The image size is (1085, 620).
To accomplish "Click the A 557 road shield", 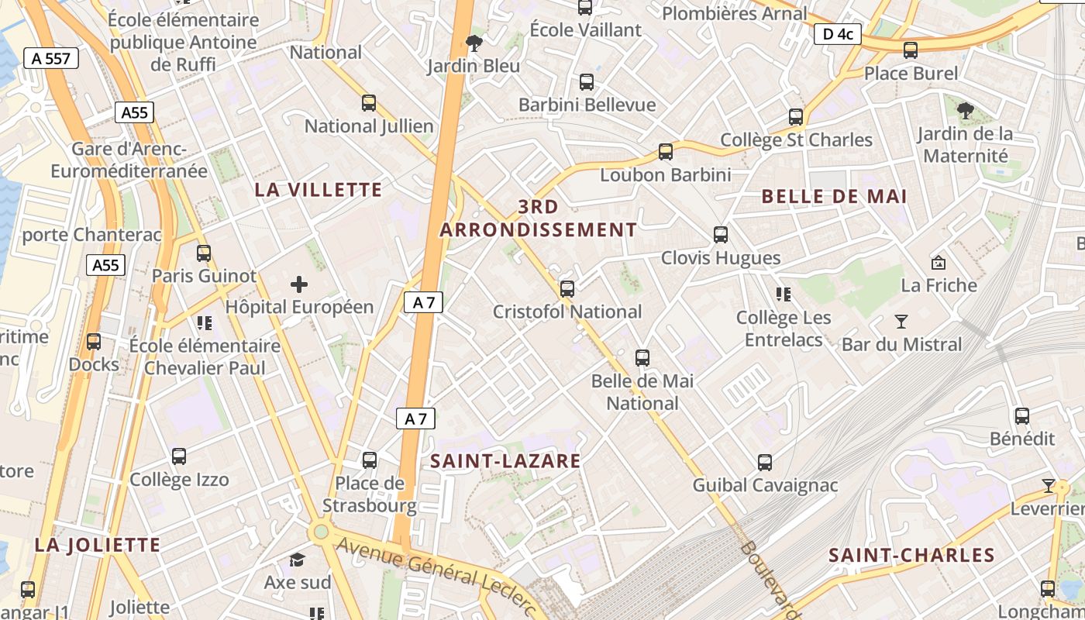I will click(x=51, y=57).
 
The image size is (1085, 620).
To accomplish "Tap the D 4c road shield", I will click(x=838, y=34).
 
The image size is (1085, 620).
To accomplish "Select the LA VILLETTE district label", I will click(x=319, y=190).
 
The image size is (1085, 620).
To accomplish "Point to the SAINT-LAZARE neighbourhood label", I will click(x=505, y=461).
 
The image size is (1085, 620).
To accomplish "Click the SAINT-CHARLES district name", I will click(x=911, y=555).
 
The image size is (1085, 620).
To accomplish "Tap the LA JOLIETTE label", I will click(x=98, y=545).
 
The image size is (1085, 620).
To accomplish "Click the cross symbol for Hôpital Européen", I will click(x=299, y=284).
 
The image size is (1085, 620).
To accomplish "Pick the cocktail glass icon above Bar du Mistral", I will click(x=901, y=321).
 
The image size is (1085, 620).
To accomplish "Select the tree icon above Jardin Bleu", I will click(x=474, y=43).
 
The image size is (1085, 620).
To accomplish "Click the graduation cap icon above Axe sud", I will click(x=297, y=560).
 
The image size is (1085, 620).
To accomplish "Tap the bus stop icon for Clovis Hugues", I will click(x=721, y=234).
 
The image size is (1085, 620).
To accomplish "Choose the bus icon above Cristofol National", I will click(x=567, y=289).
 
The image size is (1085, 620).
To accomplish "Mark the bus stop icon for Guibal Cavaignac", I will click(x=765, y=463).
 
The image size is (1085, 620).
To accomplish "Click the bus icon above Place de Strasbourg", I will click(x=370, y=460).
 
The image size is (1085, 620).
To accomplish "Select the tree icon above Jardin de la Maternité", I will click(x=965, y=111).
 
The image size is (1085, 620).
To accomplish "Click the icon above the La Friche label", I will click(x=939, y=263).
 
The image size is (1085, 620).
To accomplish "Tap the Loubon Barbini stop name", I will click(x=666, y=175).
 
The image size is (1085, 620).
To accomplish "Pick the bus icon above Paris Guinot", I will click(x=204, y=253).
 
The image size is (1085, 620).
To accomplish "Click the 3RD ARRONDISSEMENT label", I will click(x=539, y=219).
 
